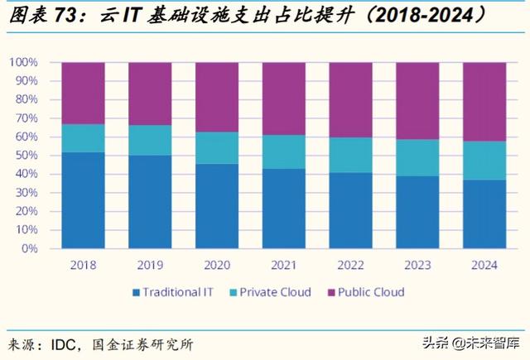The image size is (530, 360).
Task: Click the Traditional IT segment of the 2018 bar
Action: click(83, 199)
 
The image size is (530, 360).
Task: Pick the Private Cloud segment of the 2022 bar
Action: click(351, 155)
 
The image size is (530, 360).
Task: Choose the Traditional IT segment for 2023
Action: click(418, 212)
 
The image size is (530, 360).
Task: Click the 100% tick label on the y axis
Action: click(22, 62)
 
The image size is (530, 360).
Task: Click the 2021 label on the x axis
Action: click(284, 265)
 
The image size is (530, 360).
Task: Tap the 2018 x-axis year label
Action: click(83, 265)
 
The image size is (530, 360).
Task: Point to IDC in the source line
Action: click(71, 343)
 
